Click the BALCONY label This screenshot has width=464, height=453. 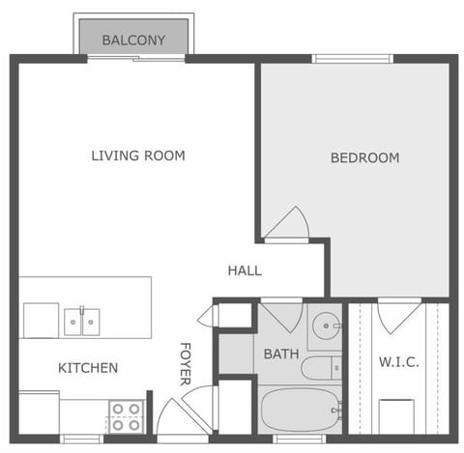coord(133,41)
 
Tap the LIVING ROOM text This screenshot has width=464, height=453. coord(138,156)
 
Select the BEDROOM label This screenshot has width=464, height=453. coord(364,157)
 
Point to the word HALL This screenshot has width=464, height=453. coord(245,270)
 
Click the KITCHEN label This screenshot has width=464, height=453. coord(88,368)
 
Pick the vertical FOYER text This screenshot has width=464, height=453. coord(186,363)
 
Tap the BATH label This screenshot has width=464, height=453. coord(281,354)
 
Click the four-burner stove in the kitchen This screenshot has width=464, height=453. coord(126,416)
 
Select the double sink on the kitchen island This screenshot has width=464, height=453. coord(81,321)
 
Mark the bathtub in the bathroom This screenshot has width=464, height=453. coord(300,410)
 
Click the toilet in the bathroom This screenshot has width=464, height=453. coord(321,368)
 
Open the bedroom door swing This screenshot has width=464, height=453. coord(287,224)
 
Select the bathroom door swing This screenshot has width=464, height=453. coord(282,316)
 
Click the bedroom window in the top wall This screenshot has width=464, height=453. coord(353,58)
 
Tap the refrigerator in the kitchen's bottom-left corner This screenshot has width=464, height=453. coord(39,412)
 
